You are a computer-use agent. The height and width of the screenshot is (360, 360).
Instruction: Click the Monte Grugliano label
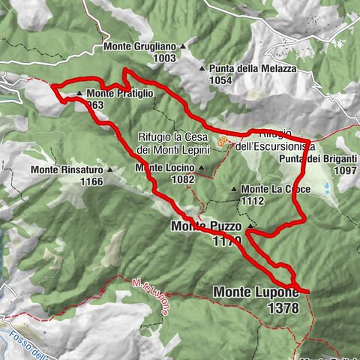pyautogui.click(x=139, y=46)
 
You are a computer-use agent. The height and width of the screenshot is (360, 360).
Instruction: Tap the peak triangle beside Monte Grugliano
pyautogui.click(x=182, y=46)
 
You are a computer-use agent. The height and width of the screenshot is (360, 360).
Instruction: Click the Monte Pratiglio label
pyautogui.click(x=119, y=94)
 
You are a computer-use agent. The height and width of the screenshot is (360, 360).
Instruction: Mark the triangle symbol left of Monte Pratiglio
pyautogui.click(x=80, y=94)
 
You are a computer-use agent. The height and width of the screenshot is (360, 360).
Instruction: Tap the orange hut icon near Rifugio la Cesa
pyautogui.click(x=221, y=140)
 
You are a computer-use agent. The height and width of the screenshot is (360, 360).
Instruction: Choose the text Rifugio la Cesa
pyautogui.click(x=175, y=136)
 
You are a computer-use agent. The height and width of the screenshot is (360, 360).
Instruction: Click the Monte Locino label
pyautogui.click(x=165, y=167)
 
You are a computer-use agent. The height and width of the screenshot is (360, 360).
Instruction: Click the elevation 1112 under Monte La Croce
pyautogui.click(x=253, y=200)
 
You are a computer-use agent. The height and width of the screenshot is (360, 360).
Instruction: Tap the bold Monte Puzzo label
pyautogui.click(x=207, y=225)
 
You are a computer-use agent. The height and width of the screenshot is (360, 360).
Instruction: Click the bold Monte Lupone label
pyautogui.click(x=256, y=291)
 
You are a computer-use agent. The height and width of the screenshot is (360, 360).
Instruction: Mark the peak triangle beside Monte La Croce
pyautogui.click(x=234, y=189)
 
